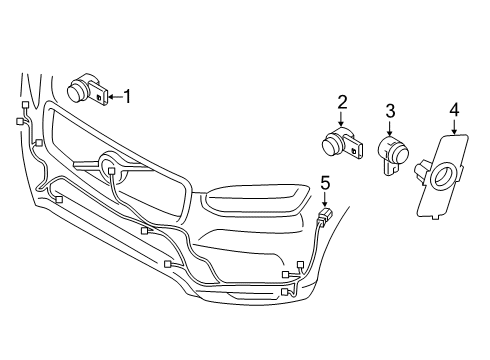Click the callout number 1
point(126,96)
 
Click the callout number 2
point(342,101)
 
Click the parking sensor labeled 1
point(86,92)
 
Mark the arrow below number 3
point(391,128)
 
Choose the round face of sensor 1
point(75,93)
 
